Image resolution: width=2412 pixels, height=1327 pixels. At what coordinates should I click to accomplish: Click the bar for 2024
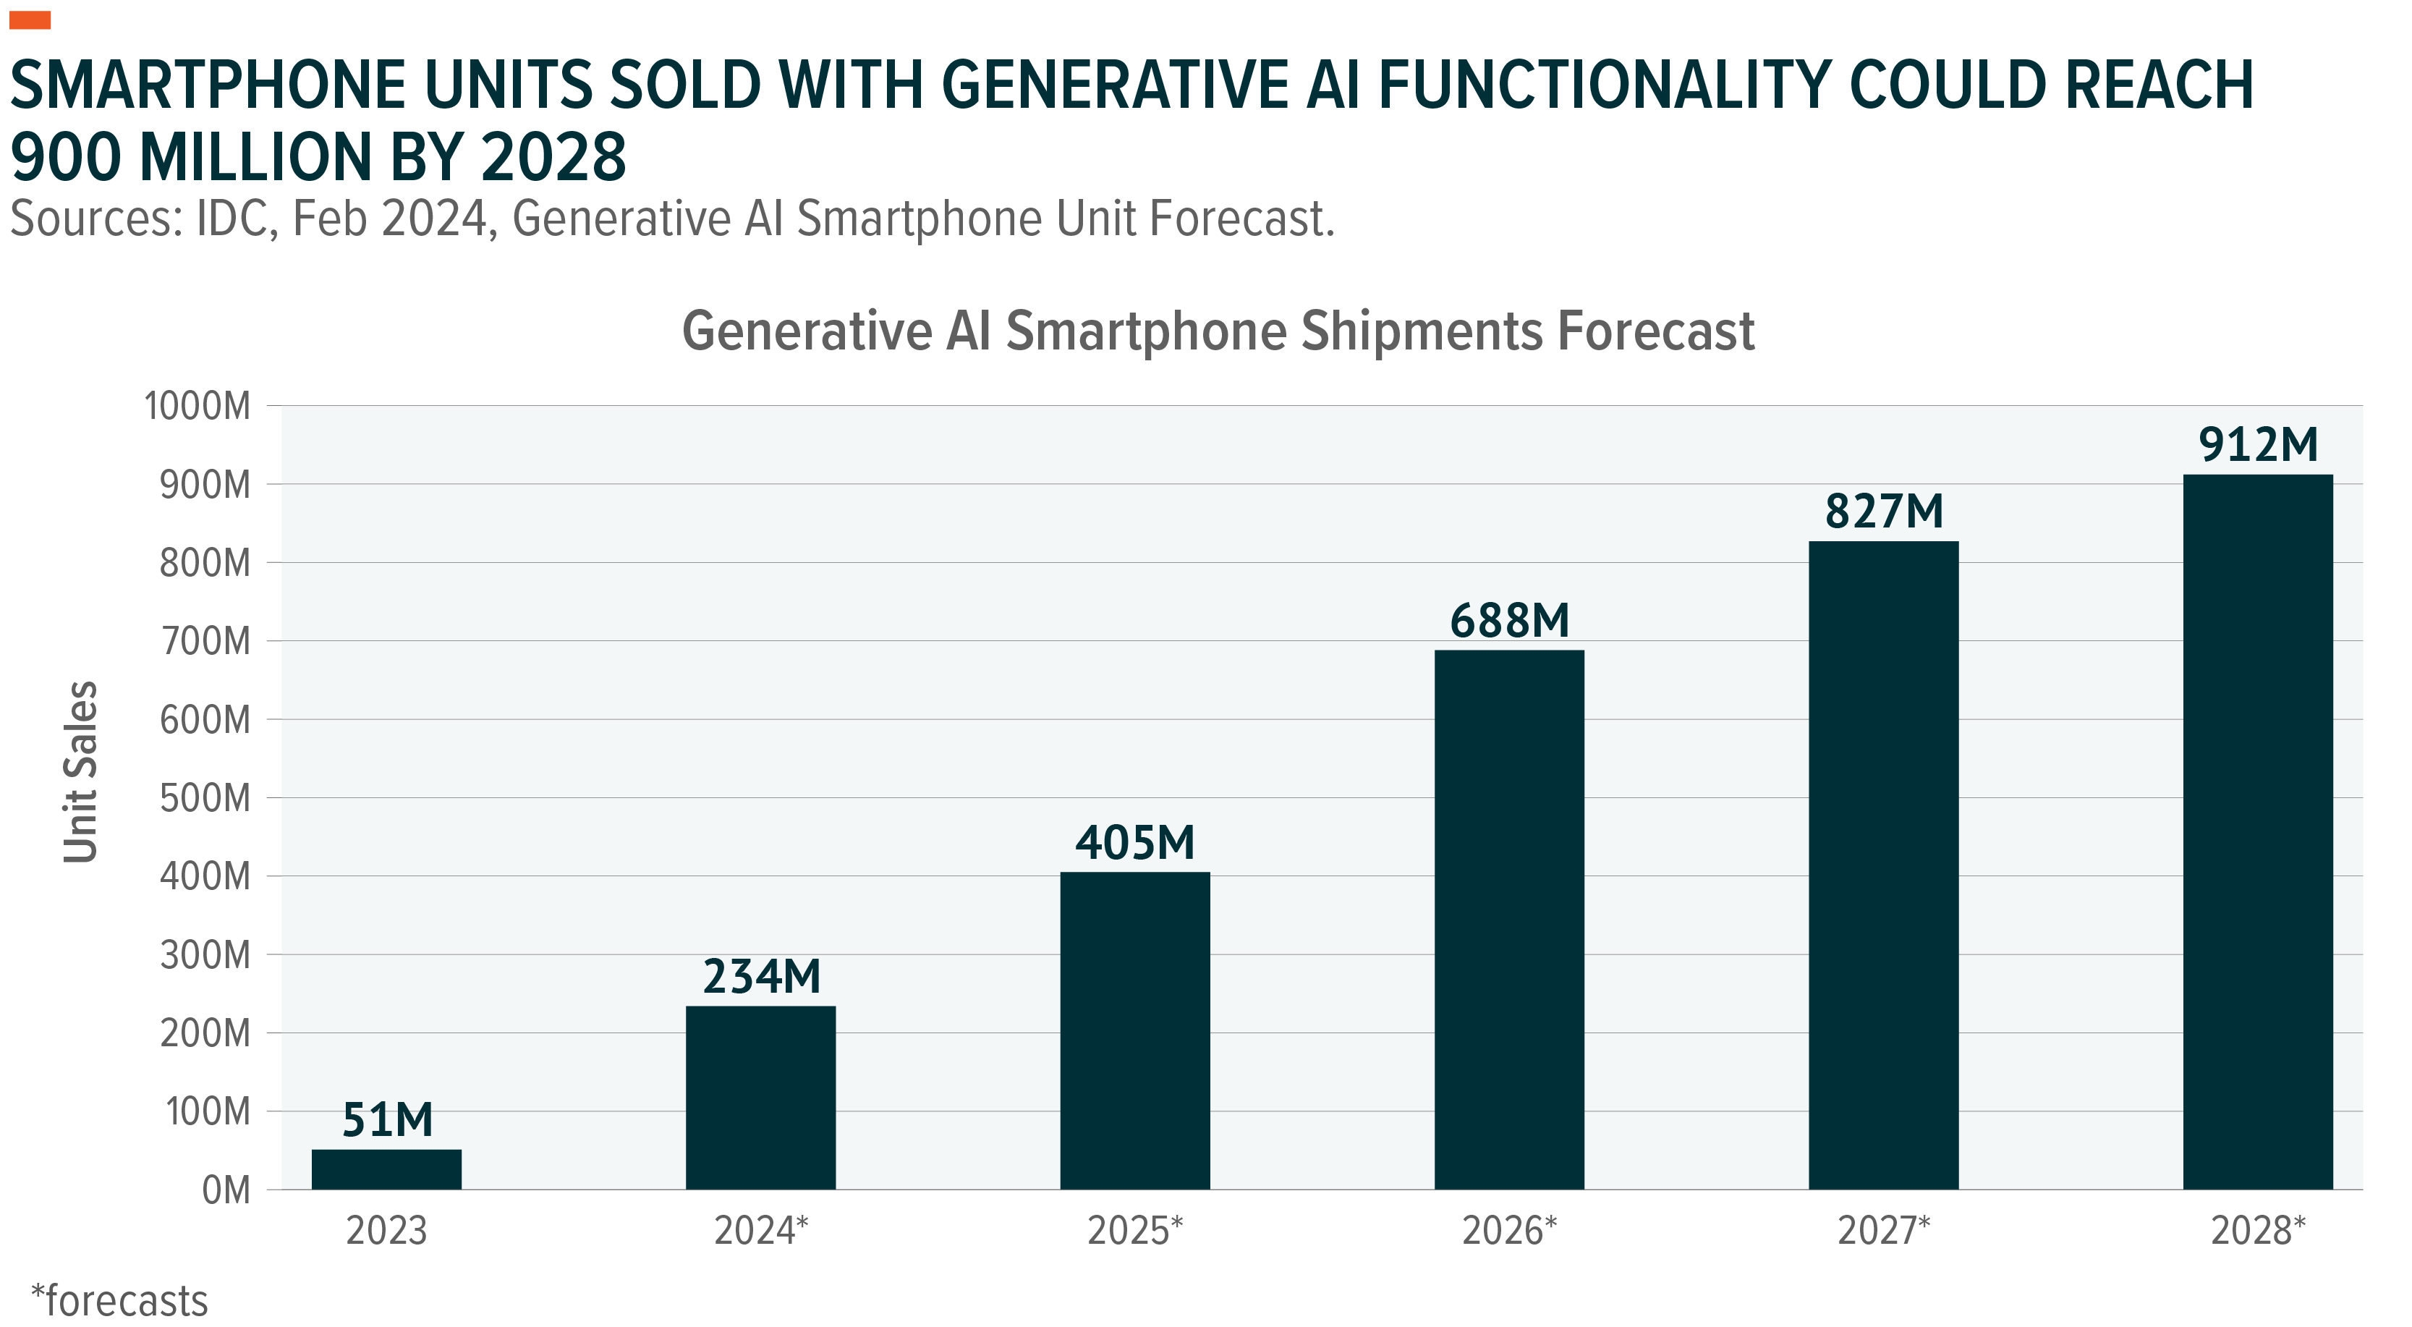[760, 1097]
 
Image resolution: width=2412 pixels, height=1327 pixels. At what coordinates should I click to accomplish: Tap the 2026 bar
[1508, 919]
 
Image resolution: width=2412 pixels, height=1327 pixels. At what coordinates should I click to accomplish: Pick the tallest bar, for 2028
[2257, 831]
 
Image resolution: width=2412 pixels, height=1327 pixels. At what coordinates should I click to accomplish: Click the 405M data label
[1135, 843]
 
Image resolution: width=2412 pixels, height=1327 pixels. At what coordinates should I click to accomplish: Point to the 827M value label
[1884, 512]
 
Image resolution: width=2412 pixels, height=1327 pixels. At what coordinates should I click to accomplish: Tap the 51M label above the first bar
[387, 1120]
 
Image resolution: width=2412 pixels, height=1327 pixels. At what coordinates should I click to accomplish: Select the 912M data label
[2257, 445]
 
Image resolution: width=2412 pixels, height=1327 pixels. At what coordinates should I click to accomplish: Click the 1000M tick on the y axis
[197, 407]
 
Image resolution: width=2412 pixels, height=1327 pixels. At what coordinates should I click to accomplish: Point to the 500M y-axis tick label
[205, 798]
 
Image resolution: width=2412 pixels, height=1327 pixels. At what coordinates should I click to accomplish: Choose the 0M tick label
[226, 1190]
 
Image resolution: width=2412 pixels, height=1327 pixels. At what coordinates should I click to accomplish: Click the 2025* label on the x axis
[1135, 1231]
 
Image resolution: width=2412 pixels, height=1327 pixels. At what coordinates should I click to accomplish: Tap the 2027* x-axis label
[1884, 1231]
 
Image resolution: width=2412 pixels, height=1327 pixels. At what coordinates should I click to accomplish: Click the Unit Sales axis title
[80, 771]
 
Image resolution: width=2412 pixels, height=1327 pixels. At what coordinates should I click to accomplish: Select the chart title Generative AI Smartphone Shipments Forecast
[1218, 331]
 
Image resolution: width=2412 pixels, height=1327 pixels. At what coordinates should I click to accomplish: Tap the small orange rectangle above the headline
[29, 20]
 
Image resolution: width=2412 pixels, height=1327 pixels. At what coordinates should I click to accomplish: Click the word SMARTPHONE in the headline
[207, 85]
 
